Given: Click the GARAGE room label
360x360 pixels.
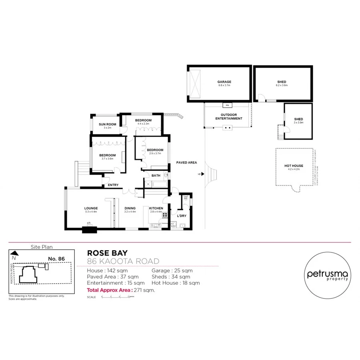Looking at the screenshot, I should pos(224,82).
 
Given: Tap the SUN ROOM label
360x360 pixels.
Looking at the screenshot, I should pos(108,124).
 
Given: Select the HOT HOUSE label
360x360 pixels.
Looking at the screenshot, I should pos(294,166).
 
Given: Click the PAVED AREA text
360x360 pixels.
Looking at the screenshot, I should pos(187,162).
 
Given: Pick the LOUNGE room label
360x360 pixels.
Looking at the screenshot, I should pos(91,208).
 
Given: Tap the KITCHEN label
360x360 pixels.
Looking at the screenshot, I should pos(156,208).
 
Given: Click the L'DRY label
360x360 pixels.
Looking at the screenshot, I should pos(182,216).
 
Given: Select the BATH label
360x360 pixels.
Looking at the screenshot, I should pos(156,175).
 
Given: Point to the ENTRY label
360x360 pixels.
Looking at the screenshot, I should pos(113,185).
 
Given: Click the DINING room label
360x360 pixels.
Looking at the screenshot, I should pos(130,208).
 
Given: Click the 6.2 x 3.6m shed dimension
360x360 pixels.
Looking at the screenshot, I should pos(282,86).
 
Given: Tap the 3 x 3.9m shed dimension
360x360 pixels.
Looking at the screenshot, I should pos(298,123).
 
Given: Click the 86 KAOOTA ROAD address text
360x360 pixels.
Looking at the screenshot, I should pos(123,261).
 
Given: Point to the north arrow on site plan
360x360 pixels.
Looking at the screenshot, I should pos(14,253).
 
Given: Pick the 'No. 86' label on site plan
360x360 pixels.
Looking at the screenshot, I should pos(56,259).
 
